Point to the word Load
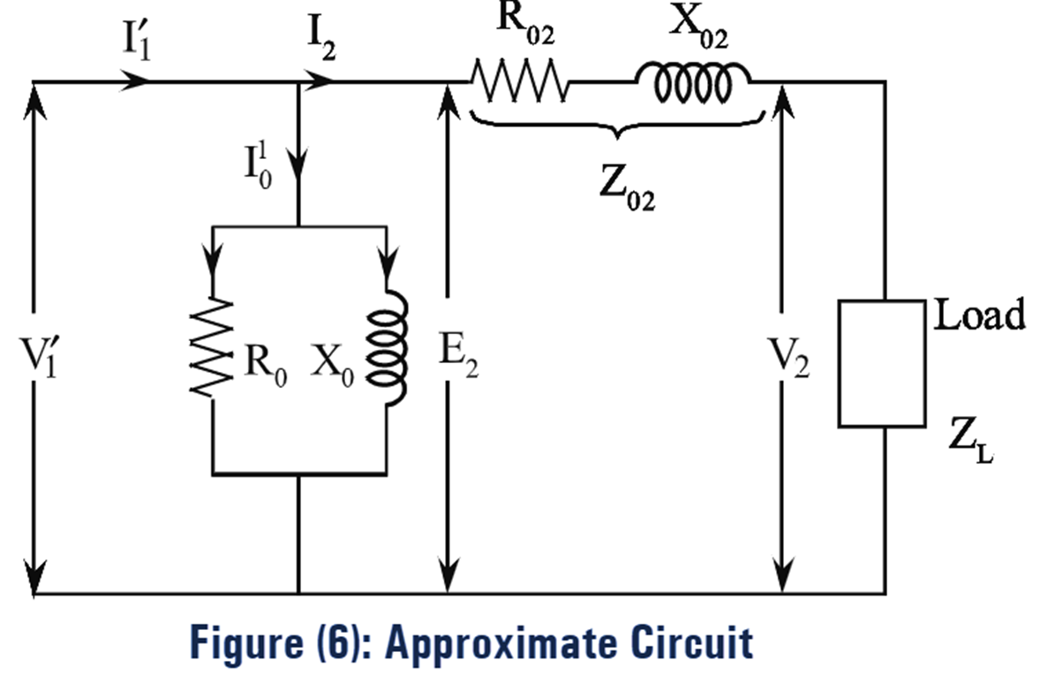click(980, 315)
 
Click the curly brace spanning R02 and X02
click(616, 130)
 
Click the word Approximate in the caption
click(496, 642)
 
